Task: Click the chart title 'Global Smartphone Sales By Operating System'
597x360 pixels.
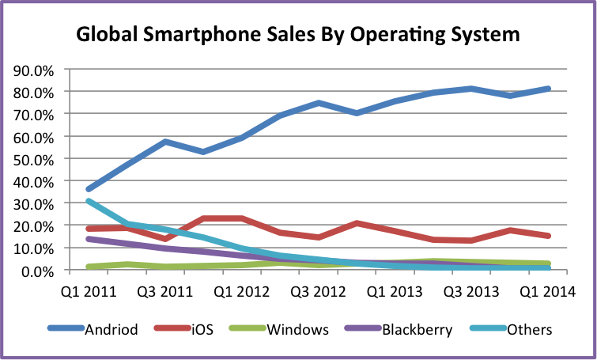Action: point(298,35)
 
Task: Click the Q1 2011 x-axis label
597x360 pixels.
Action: point(89,290)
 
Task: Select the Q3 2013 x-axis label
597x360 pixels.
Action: point(471,290)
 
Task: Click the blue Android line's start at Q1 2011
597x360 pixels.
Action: point(89,189)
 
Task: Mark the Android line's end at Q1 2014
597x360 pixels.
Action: point(548,89)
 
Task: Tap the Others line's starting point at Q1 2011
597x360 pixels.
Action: point(89,201)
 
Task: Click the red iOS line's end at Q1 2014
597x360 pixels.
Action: point(548,236)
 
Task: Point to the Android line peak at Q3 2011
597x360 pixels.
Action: point(165,142)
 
